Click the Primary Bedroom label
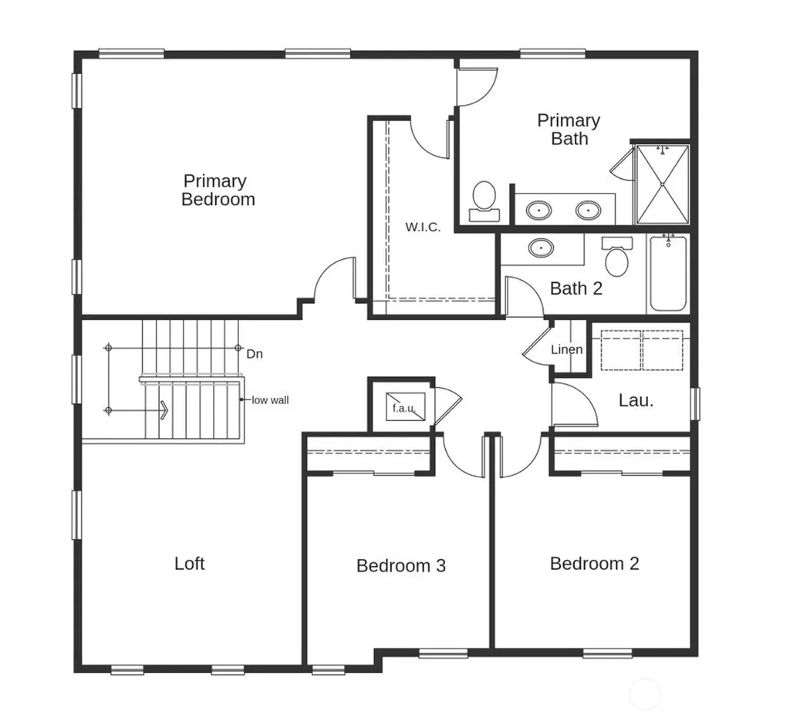[218, 190]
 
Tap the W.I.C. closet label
[423, 227]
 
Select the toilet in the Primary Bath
[484, 201]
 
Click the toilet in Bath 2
[616, 257]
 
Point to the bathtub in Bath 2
[668, 273]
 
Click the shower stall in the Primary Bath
[662, 184]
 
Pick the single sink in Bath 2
[541, 248]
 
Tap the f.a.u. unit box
[405, 407]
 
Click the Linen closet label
[567, 349]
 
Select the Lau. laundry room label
[636, 400]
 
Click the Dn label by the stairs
[255, 354]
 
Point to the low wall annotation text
[270, 400]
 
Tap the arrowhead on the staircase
[164, 410]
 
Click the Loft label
[190, 564]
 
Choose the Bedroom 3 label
[401, 565]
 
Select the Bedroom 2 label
[595, 564]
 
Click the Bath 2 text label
[576, 288]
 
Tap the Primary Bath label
[569, 130]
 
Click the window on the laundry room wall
[695, 403]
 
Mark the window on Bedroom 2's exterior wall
[608, 653]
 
